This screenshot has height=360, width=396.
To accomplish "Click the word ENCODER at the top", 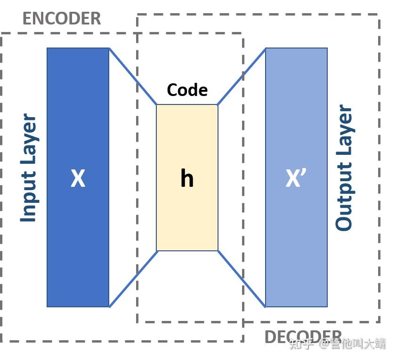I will point(62,19).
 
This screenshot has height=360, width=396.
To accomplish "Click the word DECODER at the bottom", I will point(303,337).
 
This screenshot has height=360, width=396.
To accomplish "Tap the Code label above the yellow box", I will point(187,90).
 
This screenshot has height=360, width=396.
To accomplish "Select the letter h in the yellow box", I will point(187,178).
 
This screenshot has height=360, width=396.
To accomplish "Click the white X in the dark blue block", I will point(78,179).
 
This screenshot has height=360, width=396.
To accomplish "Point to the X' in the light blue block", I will point(296,179).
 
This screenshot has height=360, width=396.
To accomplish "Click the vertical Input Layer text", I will point(29,168).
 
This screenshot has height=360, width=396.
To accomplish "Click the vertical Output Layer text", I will point(344,168).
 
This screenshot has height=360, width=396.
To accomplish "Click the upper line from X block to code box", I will point(133,76).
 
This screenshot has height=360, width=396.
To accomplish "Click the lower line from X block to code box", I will point(133,279).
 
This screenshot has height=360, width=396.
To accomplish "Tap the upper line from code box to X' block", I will point(242,76).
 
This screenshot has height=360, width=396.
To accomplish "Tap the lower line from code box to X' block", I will point(242,279).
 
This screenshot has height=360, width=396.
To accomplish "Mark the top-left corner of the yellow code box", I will point(157,105).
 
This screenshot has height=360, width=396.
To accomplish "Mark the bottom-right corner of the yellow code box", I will point(218,250).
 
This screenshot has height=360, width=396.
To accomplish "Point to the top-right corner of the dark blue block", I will point(109,48).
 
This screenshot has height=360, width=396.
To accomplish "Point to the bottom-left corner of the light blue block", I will point(266,307).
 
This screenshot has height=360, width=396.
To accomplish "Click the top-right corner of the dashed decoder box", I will point(379,15).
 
